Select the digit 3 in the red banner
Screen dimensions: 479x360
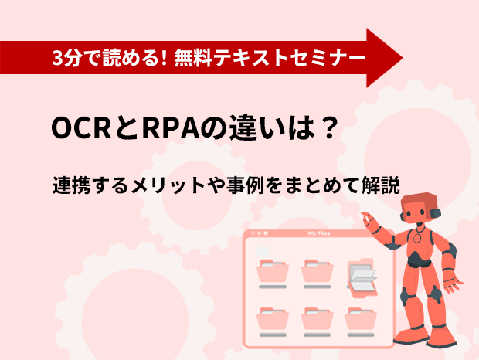point(57,58)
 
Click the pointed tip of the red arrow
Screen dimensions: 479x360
point(402,57)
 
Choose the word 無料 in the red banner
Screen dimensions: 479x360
point(193,58)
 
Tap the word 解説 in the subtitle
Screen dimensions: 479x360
point(381,185)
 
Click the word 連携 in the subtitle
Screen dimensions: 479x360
point(72,185)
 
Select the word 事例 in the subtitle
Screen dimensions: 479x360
point(245,185)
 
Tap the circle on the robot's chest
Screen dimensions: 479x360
point(417,238)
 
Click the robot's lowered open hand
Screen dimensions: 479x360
point(451,284)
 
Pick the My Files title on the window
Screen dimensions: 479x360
point(319,233)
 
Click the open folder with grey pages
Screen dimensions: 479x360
point(362,278)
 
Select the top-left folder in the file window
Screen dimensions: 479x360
point(273,271)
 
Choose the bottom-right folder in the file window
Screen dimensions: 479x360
point(361,318)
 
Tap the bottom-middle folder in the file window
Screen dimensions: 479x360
point(317,318)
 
